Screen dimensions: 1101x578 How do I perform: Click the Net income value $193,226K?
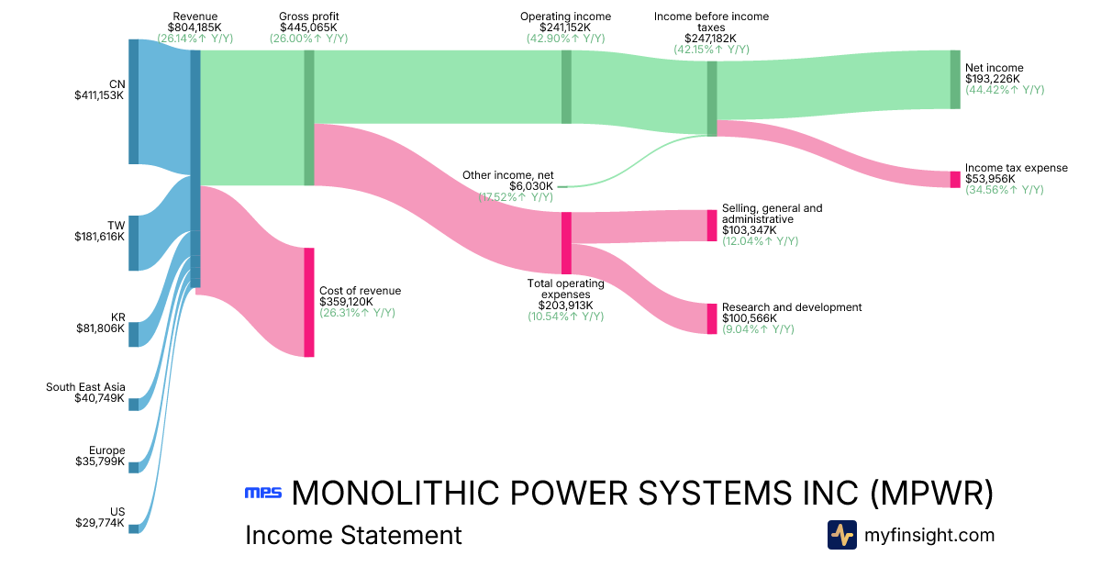click(992, 79)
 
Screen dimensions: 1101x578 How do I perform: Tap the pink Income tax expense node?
click(955, 180)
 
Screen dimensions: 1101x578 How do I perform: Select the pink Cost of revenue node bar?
click(308, 302)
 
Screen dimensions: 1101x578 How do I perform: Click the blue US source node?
click(134, 528)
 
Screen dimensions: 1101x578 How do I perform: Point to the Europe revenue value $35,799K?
click(100, 461)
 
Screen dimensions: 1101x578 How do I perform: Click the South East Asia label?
click(85, 387)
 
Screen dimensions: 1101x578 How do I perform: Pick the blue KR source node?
click(134, 334)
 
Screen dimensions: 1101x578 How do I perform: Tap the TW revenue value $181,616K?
click(99, 237)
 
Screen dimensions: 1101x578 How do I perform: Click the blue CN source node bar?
click(134, 102)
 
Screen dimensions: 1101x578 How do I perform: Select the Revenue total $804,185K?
click(195, 28)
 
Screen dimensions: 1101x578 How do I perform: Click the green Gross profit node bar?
click(308, 118)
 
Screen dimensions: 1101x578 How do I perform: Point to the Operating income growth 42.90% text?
click(566, 39)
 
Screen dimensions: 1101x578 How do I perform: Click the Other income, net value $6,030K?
click(531, 186)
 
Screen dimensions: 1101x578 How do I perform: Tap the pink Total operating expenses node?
click(566, 243)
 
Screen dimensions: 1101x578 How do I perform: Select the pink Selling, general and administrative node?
click(712, 226)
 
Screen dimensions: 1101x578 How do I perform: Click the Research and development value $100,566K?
click(749, 318)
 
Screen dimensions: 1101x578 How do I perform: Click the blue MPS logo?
click(263, 493)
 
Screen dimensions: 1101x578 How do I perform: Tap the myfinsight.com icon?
click(842, 535)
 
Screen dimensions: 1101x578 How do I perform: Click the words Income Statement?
click(353, 535)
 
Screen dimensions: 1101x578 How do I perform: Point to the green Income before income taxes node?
click(712, 98)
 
